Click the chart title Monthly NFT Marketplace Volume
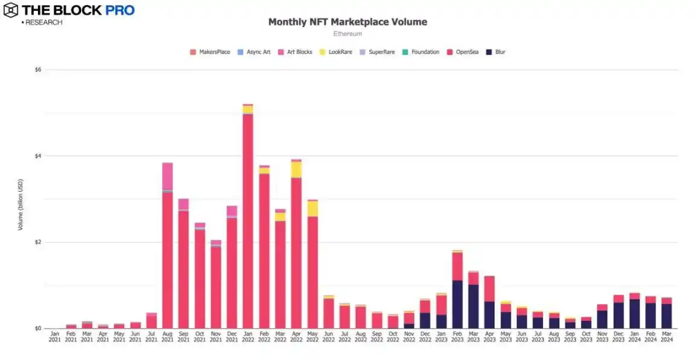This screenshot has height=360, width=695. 347,22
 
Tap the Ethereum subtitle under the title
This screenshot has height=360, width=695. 347,34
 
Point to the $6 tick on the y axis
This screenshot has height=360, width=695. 38,70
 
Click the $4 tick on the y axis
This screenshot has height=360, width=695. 38,156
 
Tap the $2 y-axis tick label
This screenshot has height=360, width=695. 38,242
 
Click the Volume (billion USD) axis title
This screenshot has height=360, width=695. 21,204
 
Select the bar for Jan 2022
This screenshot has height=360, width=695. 247,217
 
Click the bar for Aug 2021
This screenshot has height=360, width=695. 167,259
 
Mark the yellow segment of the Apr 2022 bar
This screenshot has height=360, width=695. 296,169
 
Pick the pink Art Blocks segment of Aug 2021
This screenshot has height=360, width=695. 167,176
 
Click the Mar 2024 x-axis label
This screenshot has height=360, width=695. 666,336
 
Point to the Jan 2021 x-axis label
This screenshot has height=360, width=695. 55,336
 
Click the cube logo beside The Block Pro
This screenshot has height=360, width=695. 10,10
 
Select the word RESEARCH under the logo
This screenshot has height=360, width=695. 43,22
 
